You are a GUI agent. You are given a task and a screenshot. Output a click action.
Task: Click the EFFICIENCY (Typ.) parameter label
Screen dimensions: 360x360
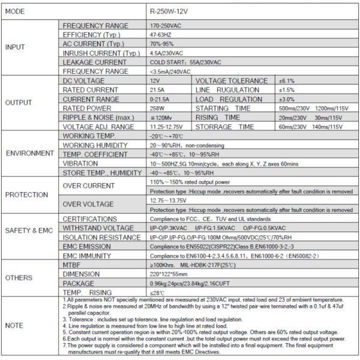pyautogui.click(x=92, y=35)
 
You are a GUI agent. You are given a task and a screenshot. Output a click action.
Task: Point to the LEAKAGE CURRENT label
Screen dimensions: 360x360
pyautogui.click(x=95, y=62)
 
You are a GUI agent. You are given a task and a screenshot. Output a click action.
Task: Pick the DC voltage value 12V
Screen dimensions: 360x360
pyautogui.click(x=155, y=80)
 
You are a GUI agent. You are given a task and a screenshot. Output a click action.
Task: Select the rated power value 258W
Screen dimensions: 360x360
pyautogui.click(x=158, y=108)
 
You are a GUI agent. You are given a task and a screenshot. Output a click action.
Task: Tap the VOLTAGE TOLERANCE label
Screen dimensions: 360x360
pyautogui.click(x=232, y=80)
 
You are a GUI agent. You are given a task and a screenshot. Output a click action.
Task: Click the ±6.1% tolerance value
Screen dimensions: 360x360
pyautogui.click(x=287, y=80)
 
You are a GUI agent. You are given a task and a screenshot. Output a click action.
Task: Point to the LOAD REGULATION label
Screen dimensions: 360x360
pyautogui.click(x=229, y=99)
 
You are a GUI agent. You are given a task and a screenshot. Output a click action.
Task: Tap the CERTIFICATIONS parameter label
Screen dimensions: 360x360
pyautogui.click(x=90, y=219)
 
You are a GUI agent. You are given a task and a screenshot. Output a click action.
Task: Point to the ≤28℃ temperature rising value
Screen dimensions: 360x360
pyautogui.click(x=157, y=292)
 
